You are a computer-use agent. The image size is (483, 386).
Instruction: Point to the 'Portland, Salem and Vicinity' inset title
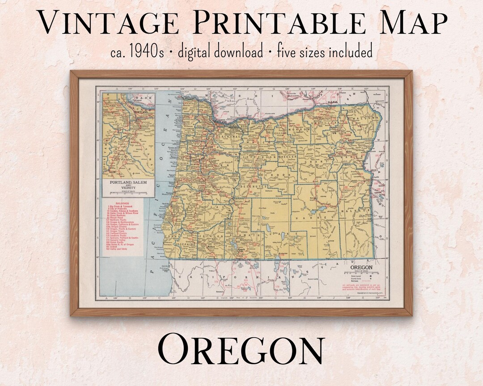coord(129,185)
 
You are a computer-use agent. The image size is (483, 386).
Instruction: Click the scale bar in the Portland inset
coord(128,193)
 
